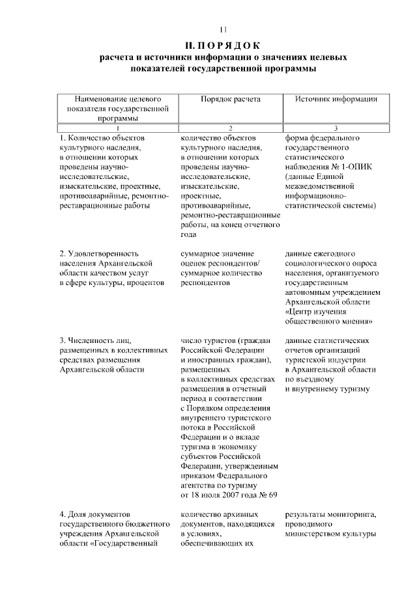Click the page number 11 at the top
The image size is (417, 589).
pyautogui.click(x=222, y=29)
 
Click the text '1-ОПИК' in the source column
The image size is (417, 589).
pyautogui.click(x=357, y=167)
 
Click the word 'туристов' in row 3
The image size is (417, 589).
pyautogui.click(x=218, y=340)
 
